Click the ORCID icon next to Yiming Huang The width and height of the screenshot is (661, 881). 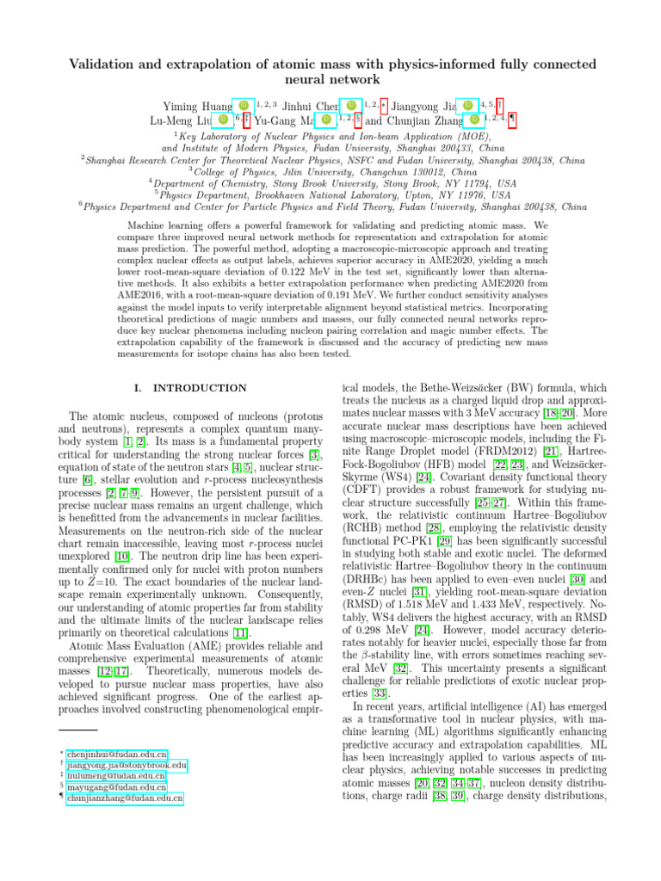coord(243,105)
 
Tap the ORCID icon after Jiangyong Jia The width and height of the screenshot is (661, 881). coord(467,105)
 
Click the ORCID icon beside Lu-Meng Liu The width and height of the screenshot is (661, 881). coord(223,120)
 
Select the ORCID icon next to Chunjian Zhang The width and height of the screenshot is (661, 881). coord(474,120)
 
